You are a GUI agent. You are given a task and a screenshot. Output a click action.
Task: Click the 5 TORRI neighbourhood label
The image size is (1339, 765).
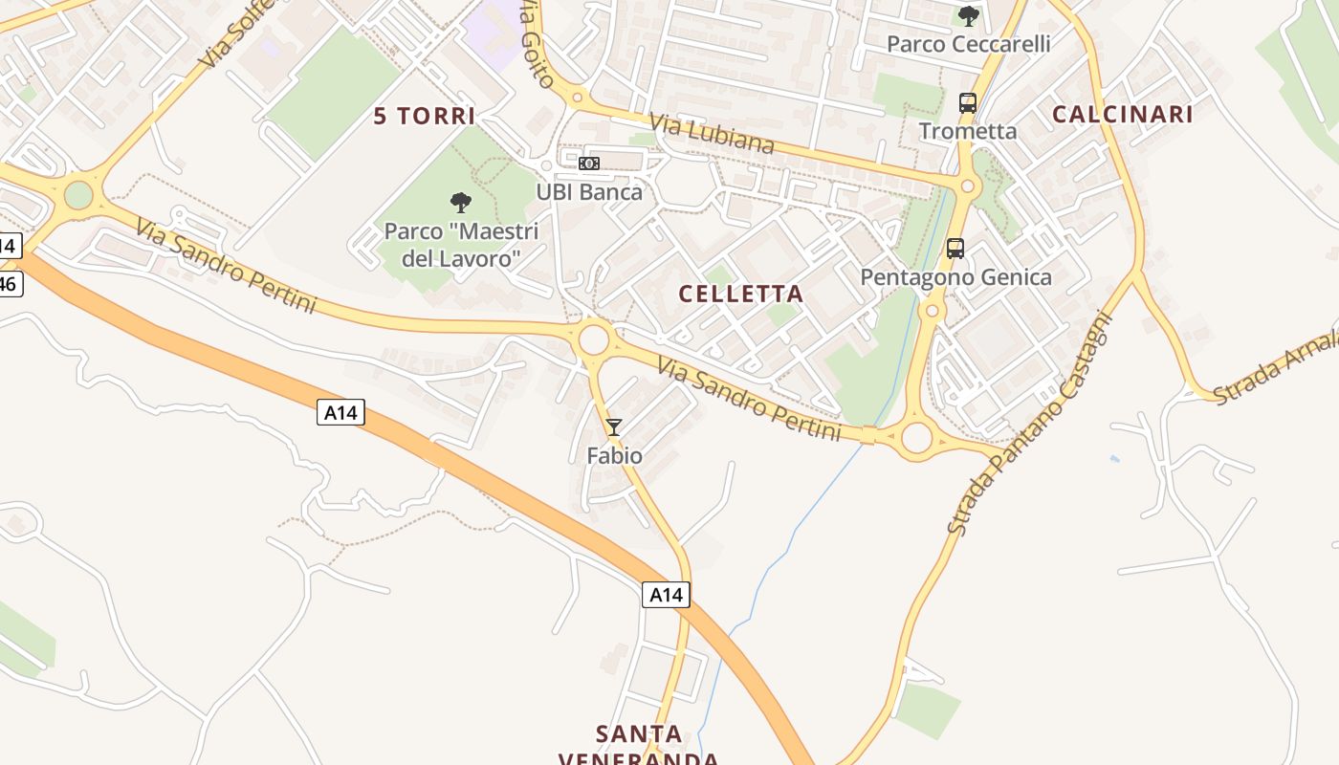coord(424,117)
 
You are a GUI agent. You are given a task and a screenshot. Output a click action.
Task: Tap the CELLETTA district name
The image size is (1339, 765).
coord(740,294)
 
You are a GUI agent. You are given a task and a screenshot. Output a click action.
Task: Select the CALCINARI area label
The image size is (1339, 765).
coord(1122,115)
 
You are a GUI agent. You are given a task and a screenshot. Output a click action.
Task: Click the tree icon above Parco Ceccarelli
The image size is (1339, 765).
coord(968,16)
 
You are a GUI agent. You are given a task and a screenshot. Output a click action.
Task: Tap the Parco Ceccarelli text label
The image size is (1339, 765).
coord(968,44)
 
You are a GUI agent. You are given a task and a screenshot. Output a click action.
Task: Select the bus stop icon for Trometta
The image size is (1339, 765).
coord(968,103)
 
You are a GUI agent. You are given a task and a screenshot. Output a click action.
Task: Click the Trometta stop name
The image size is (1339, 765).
coord(968,131)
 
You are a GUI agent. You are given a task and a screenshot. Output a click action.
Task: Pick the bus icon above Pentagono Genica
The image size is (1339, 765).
coord(955,249)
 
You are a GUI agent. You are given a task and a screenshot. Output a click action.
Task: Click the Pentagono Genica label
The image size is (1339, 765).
coord(955,277)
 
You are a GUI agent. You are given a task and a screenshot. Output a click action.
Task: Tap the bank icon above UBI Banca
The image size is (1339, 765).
coord(589,164)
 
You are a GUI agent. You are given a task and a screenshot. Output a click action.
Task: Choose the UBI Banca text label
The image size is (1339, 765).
coord(589,192)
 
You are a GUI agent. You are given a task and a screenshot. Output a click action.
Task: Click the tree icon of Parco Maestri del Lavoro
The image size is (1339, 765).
coord(461,202)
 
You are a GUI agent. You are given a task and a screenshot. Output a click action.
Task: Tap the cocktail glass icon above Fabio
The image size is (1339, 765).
coord(614,427)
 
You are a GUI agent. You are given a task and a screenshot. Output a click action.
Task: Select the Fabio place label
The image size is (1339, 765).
coord(614,456)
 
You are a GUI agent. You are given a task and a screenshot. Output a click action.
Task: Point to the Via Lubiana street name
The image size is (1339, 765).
coord(712,134)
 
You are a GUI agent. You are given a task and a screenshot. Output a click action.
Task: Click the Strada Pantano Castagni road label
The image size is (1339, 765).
coord(1031,425)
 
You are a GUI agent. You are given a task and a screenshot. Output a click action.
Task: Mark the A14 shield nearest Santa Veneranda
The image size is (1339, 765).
coord(666,595)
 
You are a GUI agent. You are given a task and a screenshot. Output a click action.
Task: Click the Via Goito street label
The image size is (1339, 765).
coord(536,43)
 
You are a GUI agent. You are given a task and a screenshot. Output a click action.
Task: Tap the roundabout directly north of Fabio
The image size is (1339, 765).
coord(594,339)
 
